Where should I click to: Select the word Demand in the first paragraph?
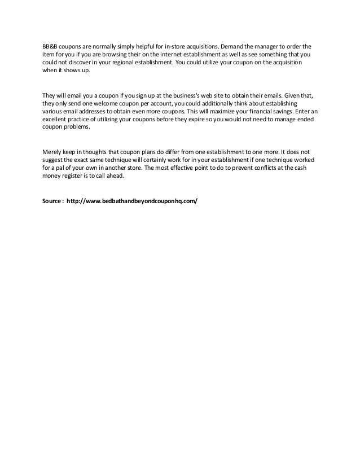231,46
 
